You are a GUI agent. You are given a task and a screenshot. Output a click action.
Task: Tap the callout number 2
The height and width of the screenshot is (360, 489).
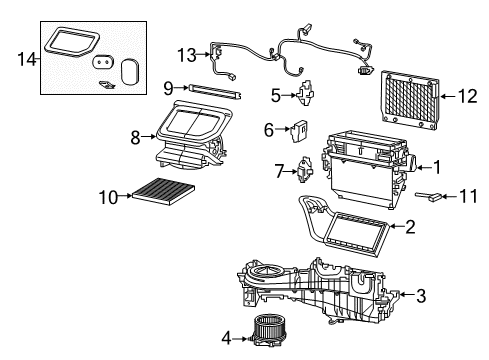click(410, 227)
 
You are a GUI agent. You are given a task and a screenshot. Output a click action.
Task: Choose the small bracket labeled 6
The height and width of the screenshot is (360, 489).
click(298, 130)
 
